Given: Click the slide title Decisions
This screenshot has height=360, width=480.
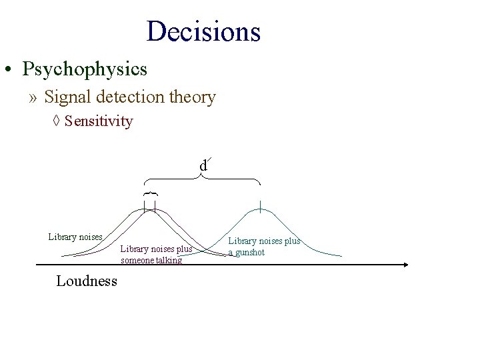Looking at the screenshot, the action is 203,31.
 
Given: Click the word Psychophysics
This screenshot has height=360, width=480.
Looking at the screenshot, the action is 84,69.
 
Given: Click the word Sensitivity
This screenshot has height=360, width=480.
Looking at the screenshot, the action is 99,121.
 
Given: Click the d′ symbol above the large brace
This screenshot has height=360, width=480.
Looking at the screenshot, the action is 203,165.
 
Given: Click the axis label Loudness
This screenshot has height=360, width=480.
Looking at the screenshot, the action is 87,281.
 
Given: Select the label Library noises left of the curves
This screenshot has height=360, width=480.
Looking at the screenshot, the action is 75,237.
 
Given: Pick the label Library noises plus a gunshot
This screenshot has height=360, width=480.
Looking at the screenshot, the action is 264,247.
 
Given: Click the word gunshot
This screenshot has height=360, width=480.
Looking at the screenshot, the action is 250,253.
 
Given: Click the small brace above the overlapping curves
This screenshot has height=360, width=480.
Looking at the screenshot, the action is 150,193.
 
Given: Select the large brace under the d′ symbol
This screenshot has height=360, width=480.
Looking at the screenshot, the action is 203,179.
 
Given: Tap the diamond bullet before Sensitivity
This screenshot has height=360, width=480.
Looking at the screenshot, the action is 57,121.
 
